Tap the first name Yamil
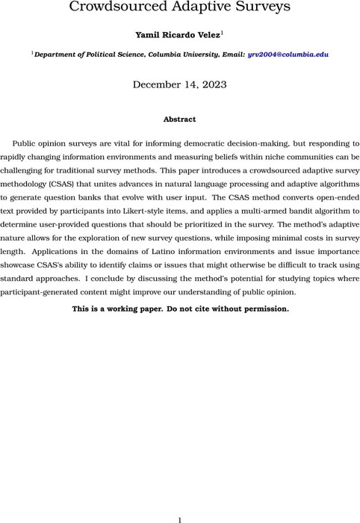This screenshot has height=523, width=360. (x=142, y=34)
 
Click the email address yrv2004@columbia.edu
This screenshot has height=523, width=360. (x=285, y=54)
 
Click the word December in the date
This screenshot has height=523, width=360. (x=158, y=84)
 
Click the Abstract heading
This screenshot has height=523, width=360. (x=179, y=119)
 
